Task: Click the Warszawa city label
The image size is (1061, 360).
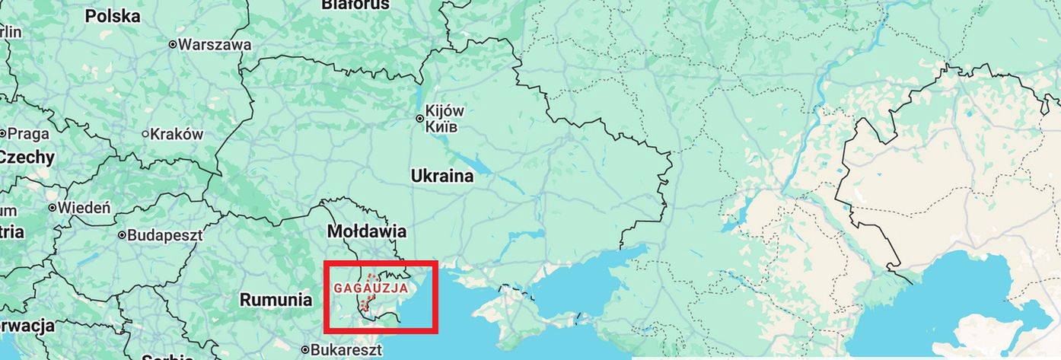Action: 215,45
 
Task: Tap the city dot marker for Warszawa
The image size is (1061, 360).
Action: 173,45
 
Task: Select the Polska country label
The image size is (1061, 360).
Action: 113,16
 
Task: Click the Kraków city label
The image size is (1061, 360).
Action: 177,135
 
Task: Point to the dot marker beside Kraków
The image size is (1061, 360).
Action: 145,135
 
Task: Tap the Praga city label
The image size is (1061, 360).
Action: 28,134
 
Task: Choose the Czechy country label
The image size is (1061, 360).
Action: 27,158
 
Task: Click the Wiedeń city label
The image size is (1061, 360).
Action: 84,207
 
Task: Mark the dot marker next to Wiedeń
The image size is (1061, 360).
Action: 53,207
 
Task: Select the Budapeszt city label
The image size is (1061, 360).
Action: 164,235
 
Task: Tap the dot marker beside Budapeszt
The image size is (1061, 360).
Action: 122,235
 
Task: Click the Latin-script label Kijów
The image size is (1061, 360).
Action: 444,111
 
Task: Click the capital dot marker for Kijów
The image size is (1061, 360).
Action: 419,119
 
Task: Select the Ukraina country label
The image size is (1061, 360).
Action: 442,177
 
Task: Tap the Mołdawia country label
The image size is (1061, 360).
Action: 367,231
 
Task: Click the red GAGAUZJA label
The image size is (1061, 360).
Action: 371,289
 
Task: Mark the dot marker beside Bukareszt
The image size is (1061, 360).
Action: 305,351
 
